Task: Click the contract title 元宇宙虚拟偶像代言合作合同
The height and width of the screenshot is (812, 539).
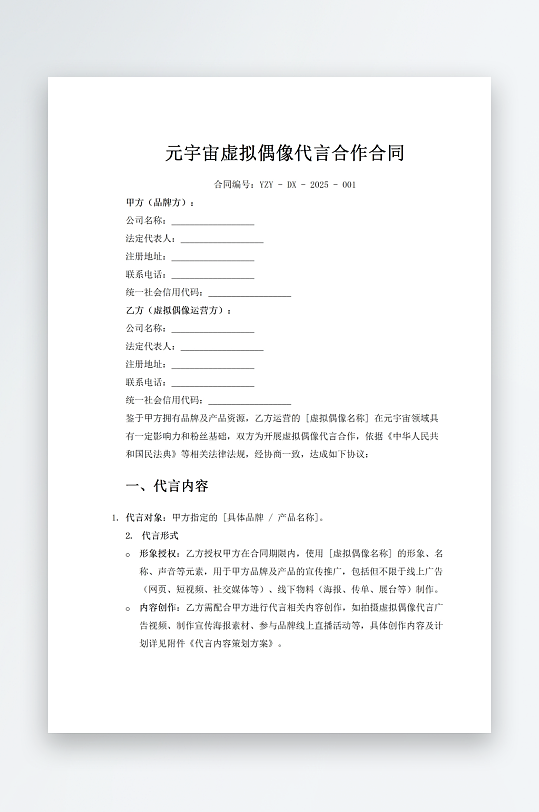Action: (285, 153)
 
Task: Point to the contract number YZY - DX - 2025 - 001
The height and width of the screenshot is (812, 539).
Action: (285, 185)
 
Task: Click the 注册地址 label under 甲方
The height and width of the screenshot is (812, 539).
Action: (146, 257)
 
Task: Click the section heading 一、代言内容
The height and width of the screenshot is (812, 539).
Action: (167, 487)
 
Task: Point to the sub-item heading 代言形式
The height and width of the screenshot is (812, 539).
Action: (159, 536)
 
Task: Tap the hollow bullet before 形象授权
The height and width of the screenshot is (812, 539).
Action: (128, 554)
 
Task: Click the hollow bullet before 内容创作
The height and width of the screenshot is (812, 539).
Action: (128, 608)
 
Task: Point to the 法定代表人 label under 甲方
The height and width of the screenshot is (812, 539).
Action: (151, 239)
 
